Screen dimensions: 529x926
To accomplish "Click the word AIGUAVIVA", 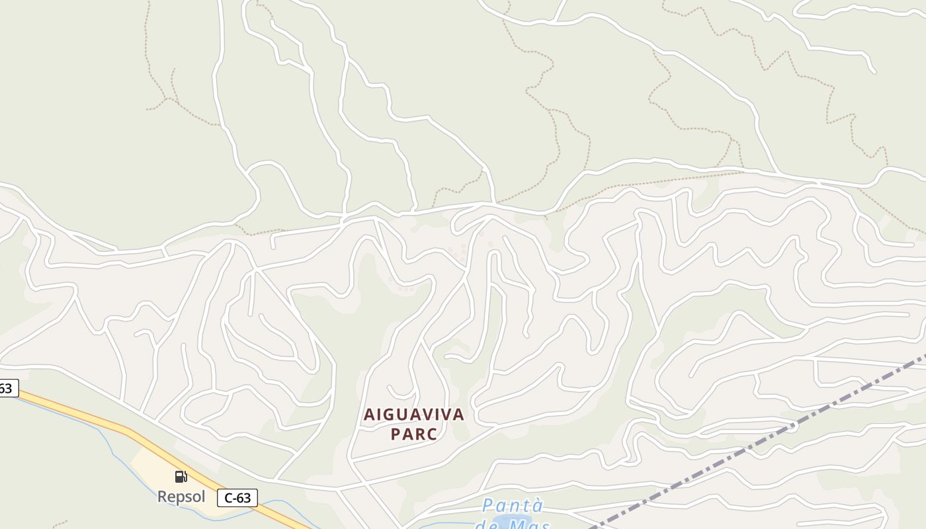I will (x=414, y=415).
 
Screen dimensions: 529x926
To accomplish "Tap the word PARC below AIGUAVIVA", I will (x=414, y=434).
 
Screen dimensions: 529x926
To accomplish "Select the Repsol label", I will (x=181, y=497).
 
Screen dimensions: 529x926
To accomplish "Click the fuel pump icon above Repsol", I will (x=181, y=477).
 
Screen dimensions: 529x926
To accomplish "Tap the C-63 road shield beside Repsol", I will (x=237, y=498).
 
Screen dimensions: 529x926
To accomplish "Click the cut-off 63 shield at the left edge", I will (x=7, y=388).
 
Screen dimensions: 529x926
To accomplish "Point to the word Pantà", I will (x=513, y=507).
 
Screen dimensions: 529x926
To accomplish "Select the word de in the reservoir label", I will (x=488, y=525).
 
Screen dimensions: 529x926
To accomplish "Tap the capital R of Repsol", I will (x=162, y=497).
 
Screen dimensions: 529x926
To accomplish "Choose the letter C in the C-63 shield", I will (x=228, y=498).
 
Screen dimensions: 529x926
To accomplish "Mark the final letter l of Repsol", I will (x=203, y=497).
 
